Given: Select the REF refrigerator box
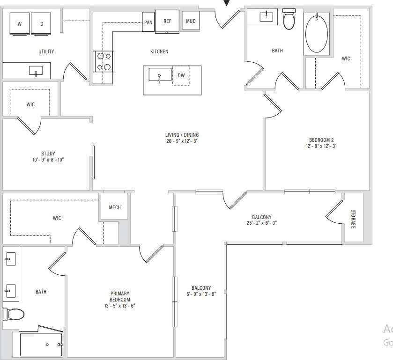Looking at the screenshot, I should (167, 22).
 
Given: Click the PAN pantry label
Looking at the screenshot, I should (148, 22).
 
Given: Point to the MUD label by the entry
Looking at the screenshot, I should (191, 21).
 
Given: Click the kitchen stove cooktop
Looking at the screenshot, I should (104, 61).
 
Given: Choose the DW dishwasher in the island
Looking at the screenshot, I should (181, 75).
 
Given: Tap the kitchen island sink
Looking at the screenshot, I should (160, 75).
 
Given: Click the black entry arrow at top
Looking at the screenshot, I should (227, 3).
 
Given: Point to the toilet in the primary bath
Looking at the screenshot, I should (13, 314).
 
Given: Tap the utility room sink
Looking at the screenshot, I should (36, 71).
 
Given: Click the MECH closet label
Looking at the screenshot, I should (115, 207).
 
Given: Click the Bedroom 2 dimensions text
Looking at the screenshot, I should (321, 146).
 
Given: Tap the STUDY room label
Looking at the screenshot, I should (48, 154).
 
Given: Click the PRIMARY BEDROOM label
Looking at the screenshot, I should (120, 297).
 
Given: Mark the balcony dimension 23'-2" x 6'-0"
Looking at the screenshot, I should (261, 223).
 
